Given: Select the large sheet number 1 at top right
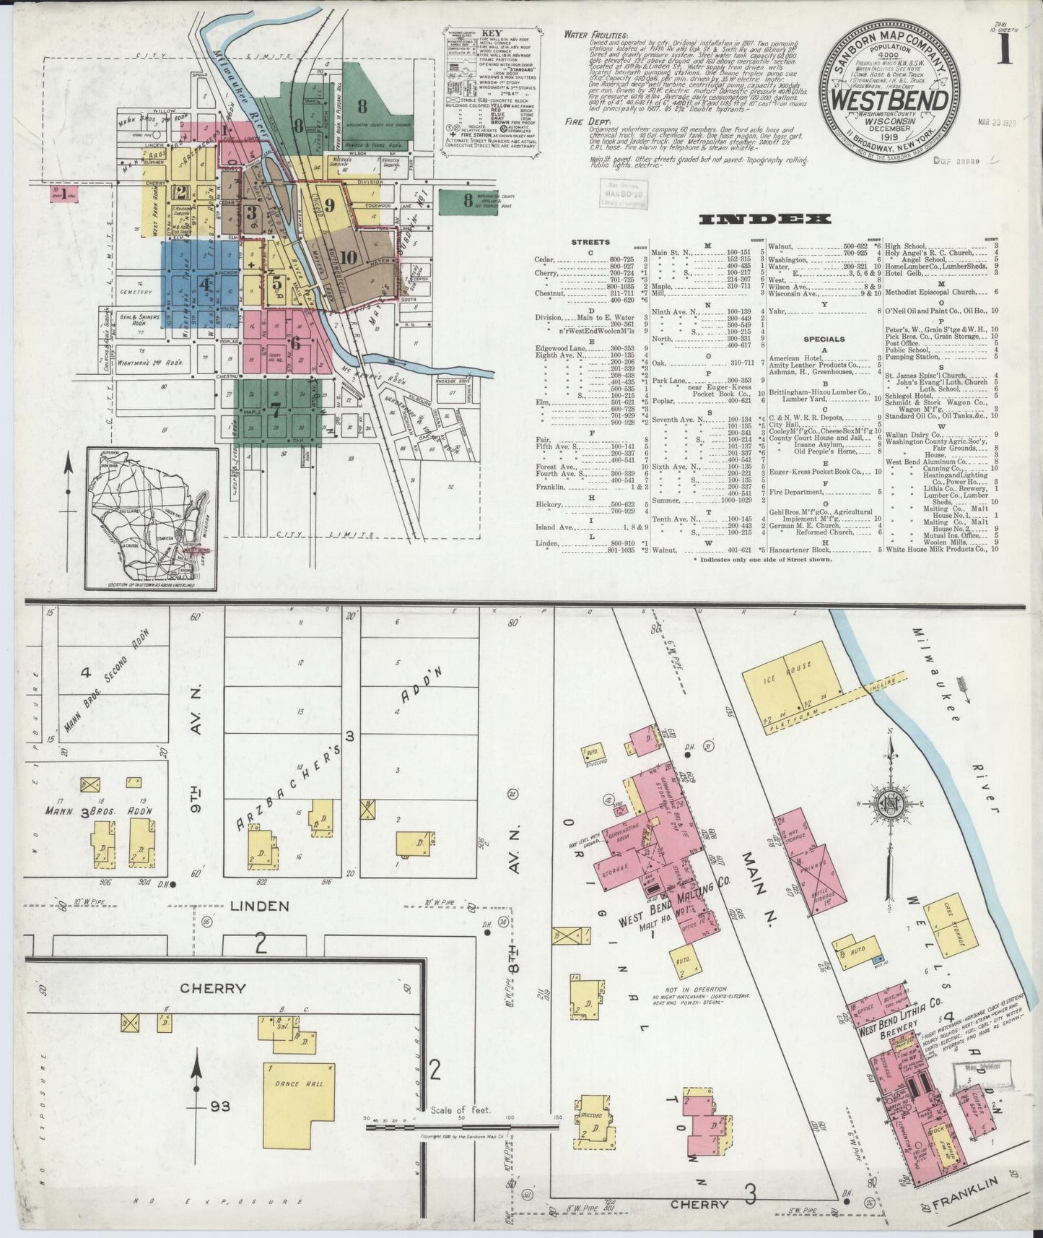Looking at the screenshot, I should click(x=1005, y=54).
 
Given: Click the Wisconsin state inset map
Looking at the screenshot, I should click(x=152, y=518).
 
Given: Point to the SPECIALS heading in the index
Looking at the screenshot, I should click(x=818, y=339).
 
